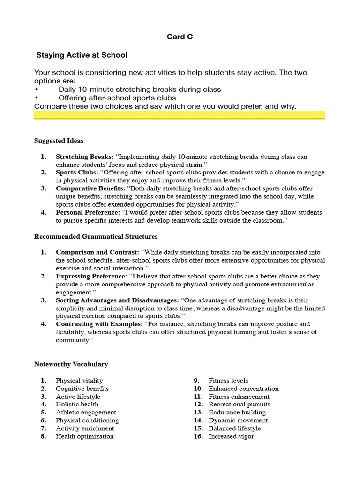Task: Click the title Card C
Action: [180, 37]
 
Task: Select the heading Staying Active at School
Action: [82, 55]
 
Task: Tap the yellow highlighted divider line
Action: [180, 115]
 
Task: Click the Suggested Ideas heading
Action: [59, 141]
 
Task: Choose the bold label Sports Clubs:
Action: [77, 172]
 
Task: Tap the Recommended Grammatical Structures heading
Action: [96, 236]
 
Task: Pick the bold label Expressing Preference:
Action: [91, 277]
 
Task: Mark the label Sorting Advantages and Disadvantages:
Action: [117, 300]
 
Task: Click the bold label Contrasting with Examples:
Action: [100, 324]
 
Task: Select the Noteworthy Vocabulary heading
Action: [71, 364]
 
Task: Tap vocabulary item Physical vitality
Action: [79, 381]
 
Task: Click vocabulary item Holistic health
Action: [77, 405]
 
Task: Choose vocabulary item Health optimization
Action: [84, 436]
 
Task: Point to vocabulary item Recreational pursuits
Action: [239, 405]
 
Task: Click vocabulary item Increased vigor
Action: [231, 436]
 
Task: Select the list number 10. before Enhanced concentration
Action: [198, 389]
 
